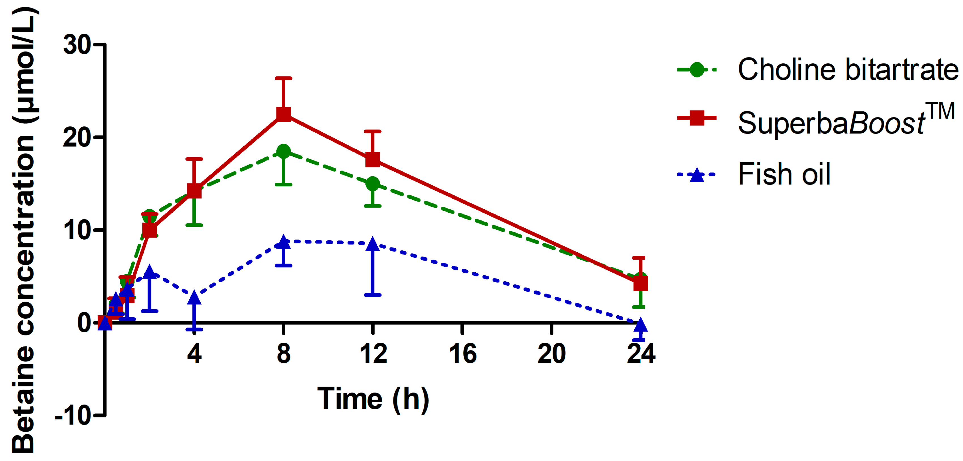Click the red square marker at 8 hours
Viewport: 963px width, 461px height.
[x=283, y=114]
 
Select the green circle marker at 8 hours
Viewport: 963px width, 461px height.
[x=283, y=152]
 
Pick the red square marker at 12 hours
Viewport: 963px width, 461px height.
[x=373, y=159]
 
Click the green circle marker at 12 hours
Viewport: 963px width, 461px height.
[x=373, y=184]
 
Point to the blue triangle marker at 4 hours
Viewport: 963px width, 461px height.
[x=194, y=298]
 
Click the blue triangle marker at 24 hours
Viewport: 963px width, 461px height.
[x=641, y=326]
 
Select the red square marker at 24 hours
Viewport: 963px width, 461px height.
[x=641, y=284]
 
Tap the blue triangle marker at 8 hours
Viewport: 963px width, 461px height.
[x=283, y=242]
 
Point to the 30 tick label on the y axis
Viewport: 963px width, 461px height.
[x=77, y=45]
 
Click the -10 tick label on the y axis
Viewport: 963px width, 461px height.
[x=73, y=415]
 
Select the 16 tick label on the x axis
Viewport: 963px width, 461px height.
[x=463, y=354]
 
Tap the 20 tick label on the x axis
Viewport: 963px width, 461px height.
[x=551, y=354]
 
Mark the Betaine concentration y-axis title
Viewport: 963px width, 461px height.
[x=23, y=230]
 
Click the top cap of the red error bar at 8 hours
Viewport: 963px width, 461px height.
[x=283, y=78]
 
